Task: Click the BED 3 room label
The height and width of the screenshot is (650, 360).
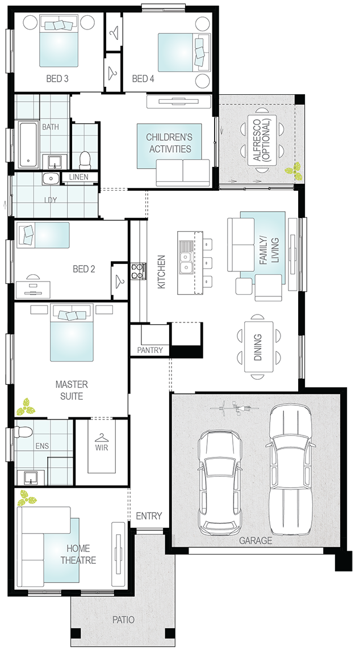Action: click(x=58, y=78)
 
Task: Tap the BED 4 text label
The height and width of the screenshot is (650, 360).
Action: click(x=143, y=78)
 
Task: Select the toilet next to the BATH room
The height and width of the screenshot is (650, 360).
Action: click(x=85, y=160)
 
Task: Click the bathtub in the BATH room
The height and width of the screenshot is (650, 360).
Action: click(x=28, y=145)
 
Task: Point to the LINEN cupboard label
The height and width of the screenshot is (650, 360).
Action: click(x=79, y=177)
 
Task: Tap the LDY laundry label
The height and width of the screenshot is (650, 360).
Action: click(x=51, y=200)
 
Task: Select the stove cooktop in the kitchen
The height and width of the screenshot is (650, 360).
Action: click(x=138, y=271)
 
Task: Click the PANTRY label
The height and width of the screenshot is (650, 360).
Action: click(x=150, y=350)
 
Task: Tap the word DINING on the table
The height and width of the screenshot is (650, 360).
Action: click(x=258, y=347)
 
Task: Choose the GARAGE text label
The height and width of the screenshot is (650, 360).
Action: click(x=256, y=540)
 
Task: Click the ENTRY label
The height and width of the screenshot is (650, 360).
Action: click(x=149, y=516)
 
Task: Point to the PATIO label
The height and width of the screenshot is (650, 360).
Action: click(x=124, y=620)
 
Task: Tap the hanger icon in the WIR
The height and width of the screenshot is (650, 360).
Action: click(x=101, y=437)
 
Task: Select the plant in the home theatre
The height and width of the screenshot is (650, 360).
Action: click(x=27, y=498)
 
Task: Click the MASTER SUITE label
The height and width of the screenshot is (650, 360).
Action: click(x=72, y=390)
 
